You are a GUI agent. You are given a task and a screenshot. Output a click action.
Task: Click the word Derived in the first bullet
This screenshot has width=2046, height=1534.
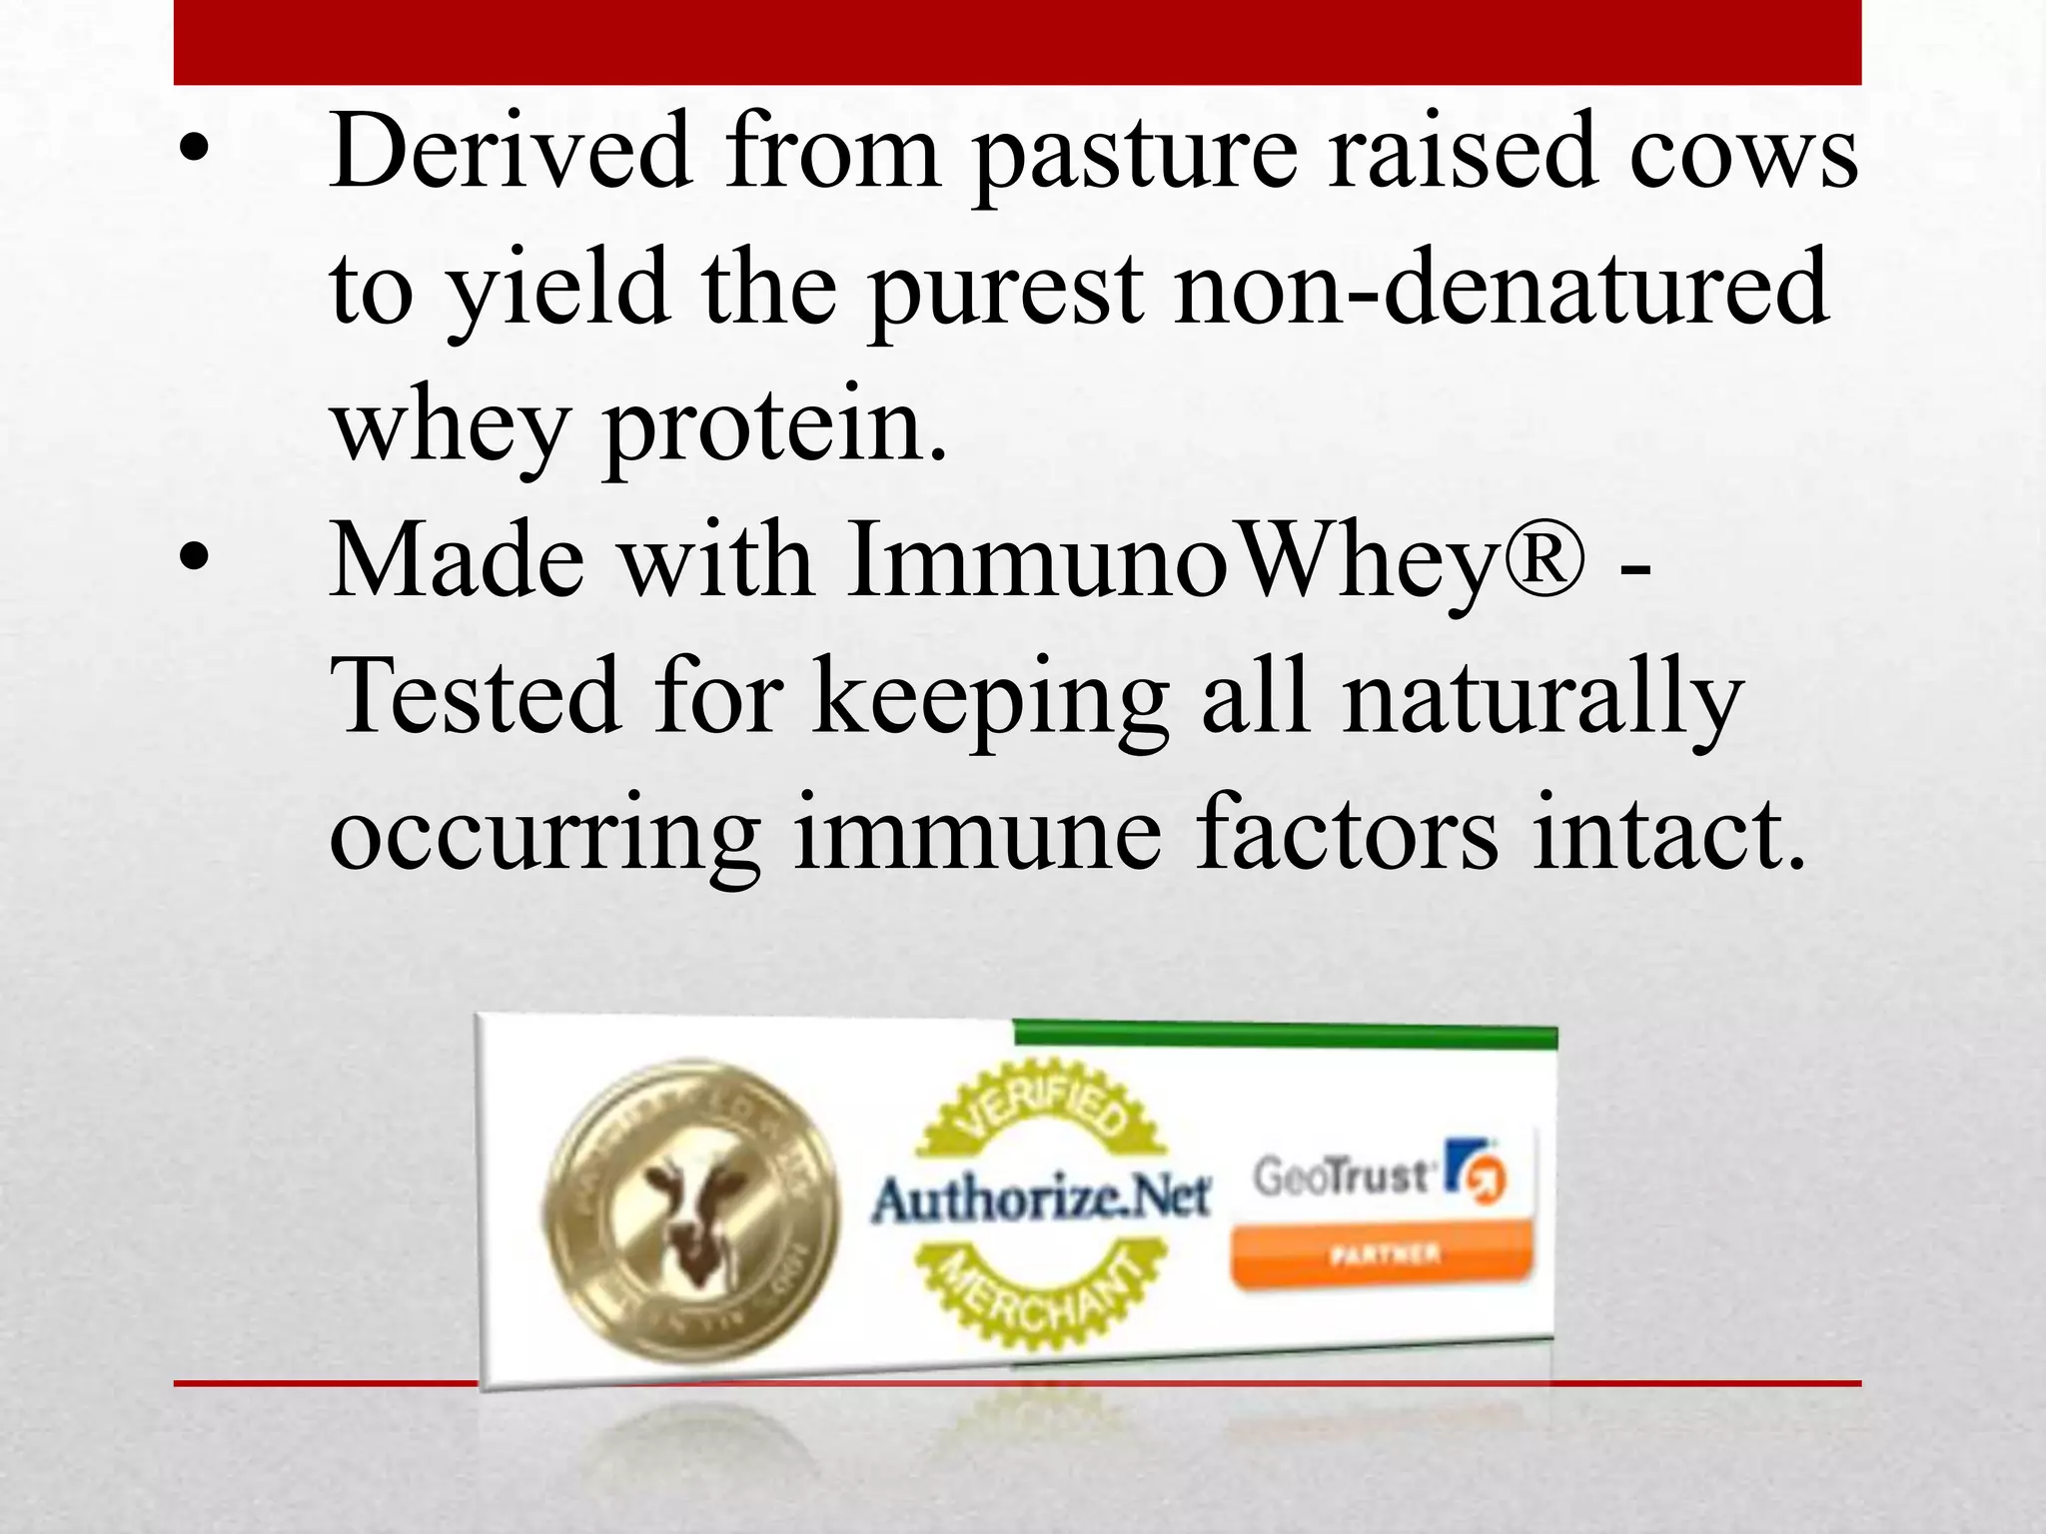[x=511, y=152]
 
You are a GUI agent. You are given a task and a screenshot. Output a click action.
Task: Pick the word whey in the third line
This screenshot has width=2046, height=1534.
[x=449, y=427]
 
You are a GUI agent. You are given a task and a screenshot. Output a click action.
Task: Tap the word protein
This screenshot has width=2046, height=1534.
[x=774, y=427]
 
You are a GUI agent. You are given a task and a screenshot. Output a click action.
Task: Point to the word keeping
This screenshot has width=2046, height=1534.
[x=990, y=699]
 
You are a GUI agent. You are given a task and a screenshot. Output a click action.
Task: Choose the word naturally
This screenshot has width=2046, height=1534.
[x=1542, y=699]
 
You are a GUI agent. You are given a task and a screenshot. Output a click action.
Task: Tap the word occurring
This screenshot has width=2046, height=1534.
[x=544, y=834]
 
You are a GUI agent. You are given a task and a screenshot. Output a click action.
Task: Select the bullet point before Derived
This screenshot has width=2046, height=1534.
[x=194, y=150]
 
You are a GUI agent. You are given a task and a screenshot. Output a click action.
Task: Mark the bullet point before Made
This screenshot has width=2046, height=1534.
[x=194, y=559]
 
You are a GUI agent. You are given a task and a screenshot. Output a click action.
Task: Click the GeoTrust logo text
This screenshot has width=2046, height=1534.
[x=1344, y=1176]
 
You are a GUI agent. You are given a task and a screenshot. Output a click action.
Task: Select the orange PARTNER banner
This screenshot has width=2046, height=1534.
[x=1382, y=1255]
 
